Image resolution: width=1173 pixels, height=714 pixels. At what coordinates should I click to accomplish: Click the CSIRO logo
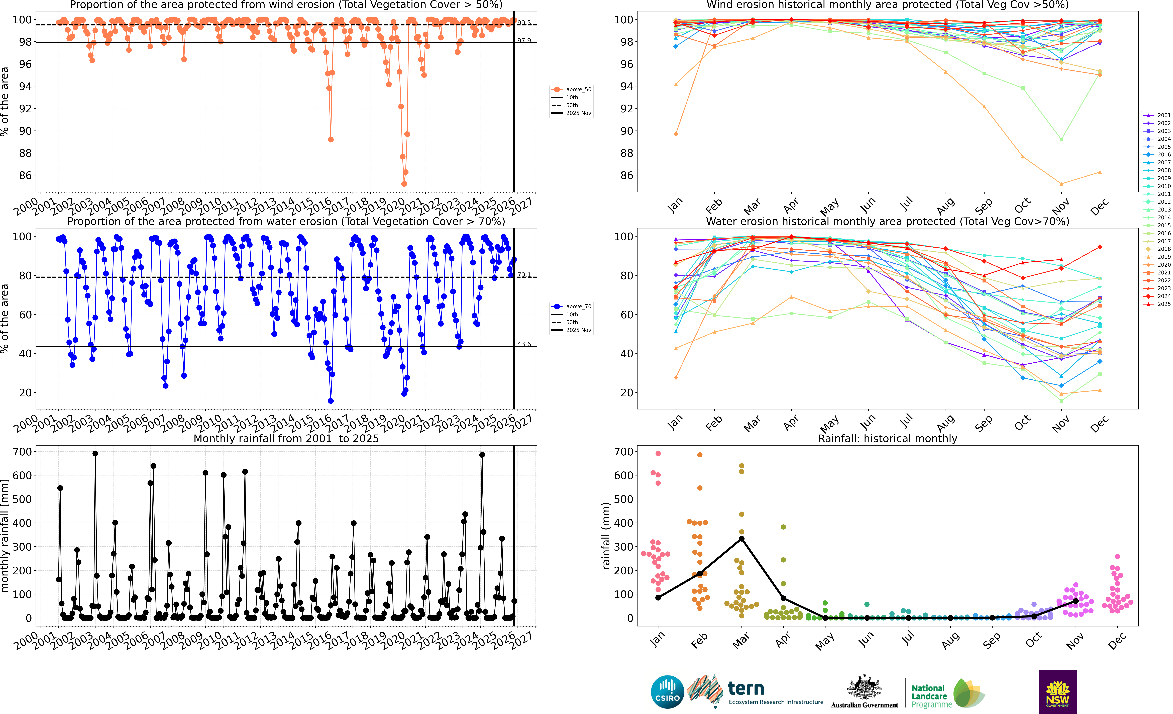(x=667, y=692)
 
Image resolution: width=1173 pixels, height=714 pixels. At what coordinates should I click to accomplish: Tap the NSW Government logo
(x=1057, y=692)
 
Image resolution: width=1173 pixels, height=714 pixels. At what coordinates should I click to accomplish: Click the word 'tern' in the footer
(x=746, y=688)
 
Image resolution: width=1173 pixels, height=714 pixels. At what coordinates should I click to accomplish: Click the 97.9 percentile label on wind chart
(x=524, y=40)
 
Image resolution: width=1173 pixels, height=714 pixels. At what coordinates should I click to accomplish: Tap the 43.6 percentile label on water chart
(x=524, y=344)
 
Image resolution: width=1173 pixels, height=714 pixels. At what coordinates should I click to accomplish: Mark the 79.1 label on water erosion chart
(x=524, y=275)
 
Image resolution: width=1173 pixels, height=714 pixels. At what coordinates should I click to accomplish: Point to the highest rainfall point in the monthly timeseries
(x=95, y=454)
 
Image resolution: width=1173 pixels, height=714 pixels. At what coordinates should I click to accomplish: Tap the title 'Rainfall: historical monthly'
(x=887, y=438)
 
